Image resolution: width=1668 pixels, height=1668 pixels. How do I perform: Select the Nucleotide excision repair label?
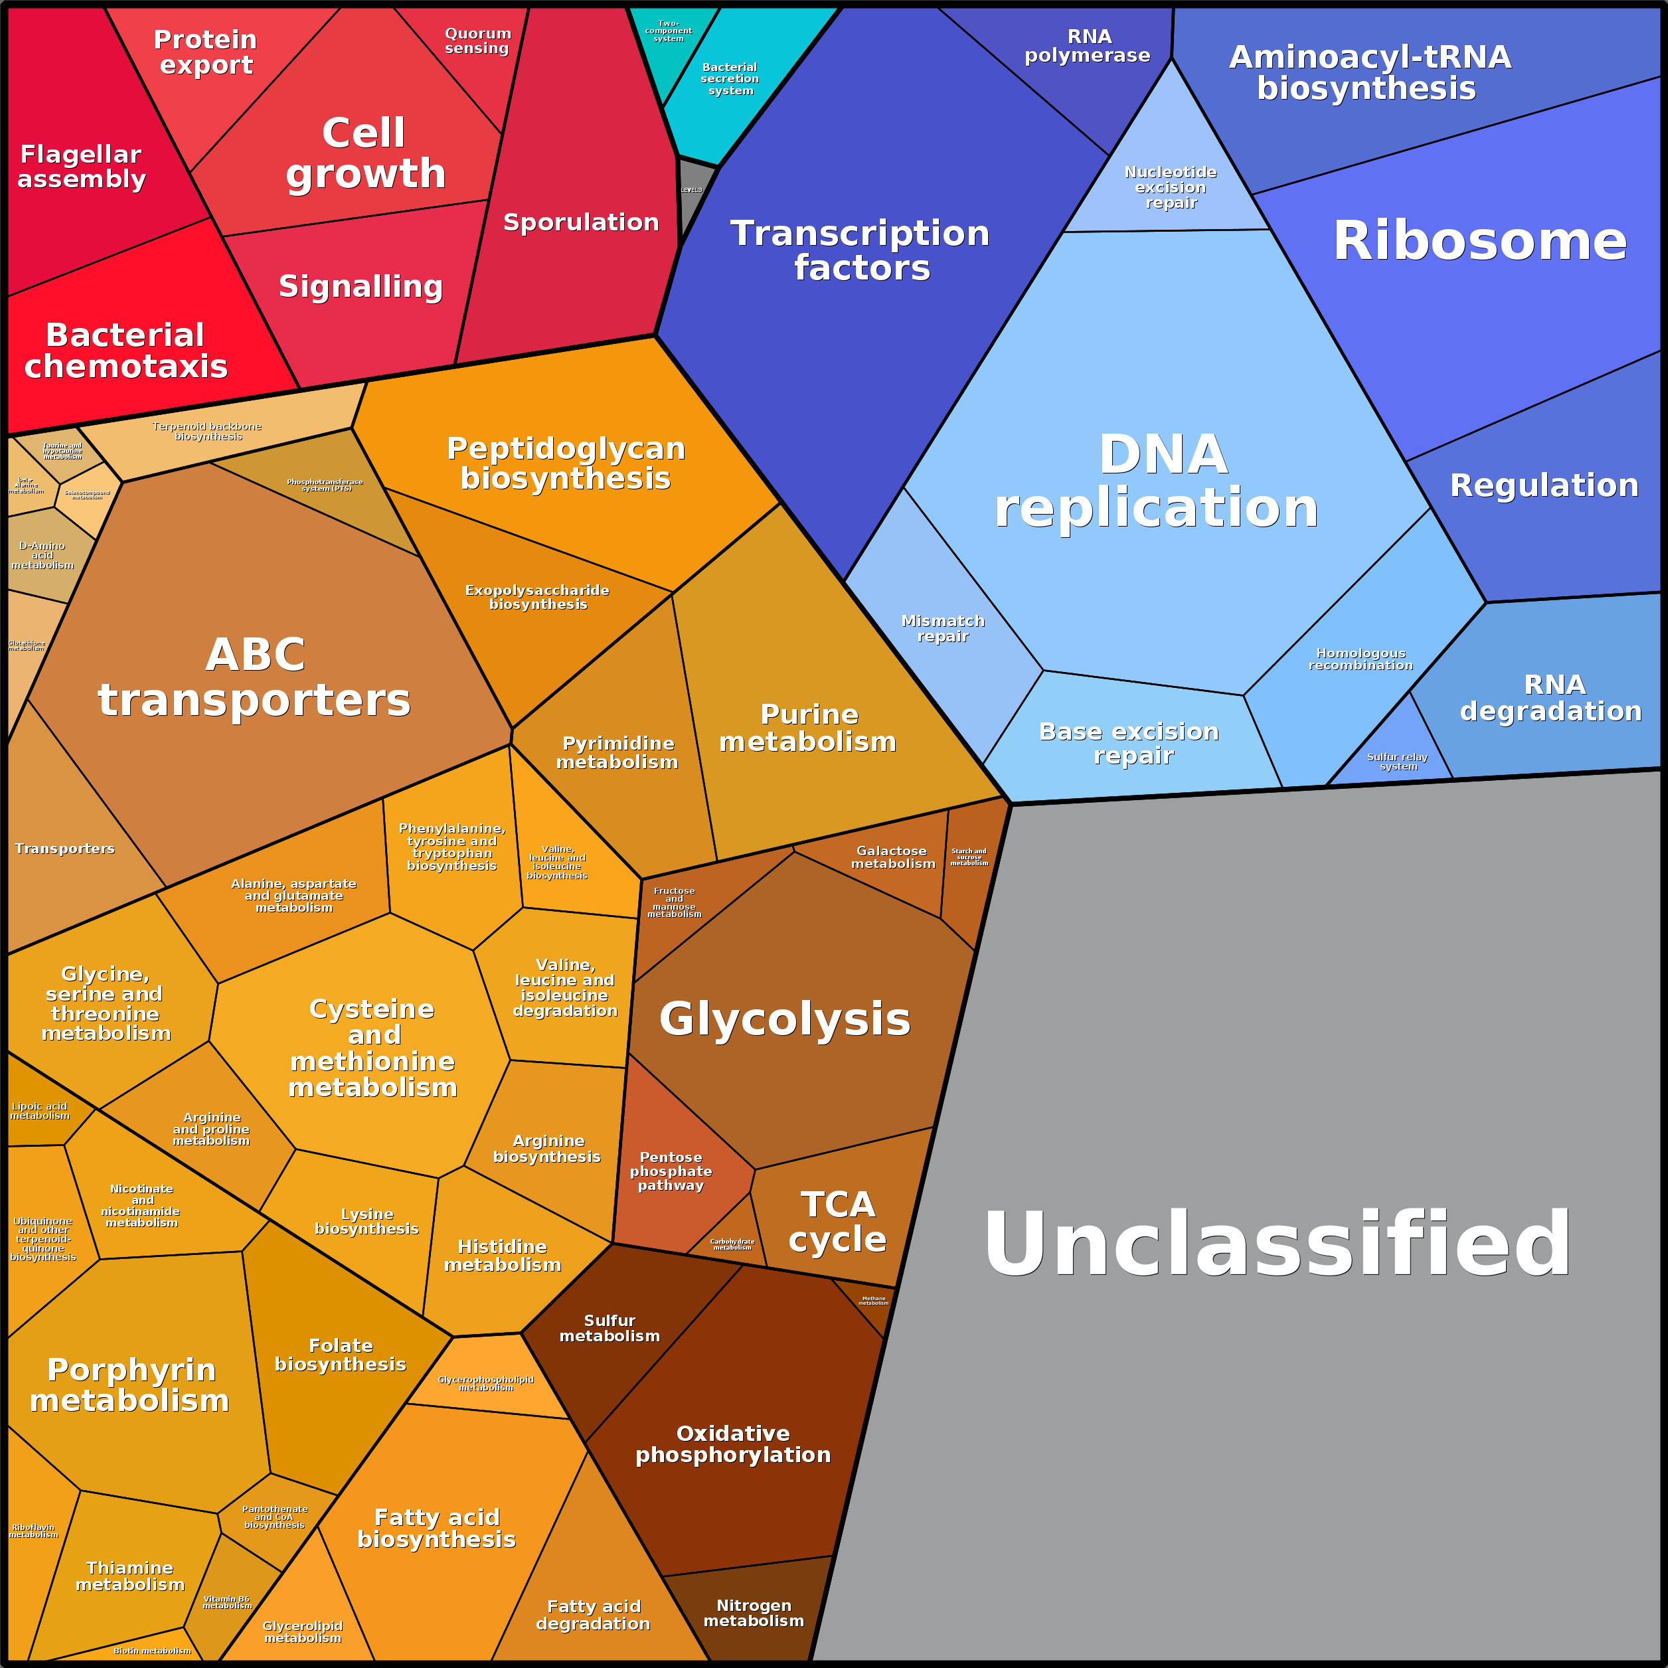(x=1171, y=187)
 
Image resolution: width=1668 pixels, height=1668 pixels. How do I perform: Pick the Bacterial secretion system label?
(x=730, y=78)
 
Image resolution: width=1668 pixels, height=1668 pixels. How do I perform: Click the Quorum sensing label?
(x=477, y=41)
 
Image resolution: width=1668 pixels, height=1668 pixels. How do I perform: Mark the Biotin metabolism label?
(x=153, y=1650)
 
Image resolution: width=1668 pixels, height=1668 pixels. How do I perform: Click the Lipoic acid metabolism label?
(x=40, y=1110)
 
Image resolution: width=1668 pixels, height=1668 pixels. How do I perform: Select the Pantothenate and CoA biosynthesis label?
(x=274, y=1517)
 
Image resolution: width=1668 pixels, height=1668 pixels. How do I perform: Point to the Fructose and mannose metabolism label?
(x=674, y=902)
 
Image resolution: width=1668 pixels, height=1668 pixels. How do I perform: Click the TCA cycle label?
(x=837, y=1222)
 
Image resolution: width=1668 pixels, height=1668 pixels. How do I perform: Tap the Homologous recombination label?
(x=1361, y=659)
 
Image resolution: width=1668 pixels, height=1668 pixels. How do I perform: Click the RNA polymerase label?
(x=1088, y=46)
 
